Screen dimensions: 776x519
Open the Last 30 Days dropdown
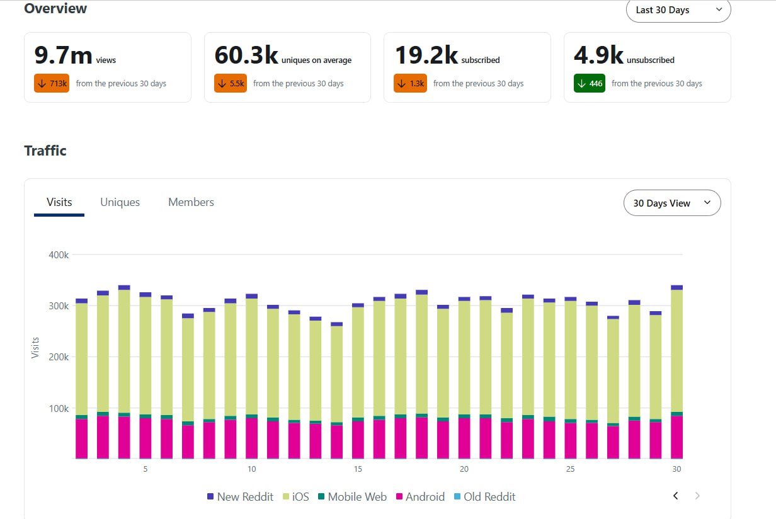[x=678, y=11]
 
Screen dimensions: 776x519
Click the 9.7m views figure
[x=64, y=55]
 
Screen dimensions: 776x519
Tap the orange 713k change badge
[x=52, y=83]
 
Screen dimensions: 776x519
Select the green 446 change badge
[x=590, y=83]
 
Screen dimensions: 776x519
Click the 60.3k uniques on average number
[x=246, y=55]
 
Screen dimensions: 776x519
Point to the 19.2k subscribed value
[x=426, y=55]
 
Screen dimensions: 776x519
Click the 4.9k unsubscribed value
[x=598, y=55]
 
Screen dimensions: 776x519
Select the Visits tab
[x=59, y=202]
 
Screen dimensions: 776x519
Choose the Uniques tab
[x=120, y=202]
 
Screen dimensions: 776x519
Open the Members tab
[x=191, y=202]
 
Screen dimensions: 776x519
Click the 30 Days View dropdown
[x=672, y=203]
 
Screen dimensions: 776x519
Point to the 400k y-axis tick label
[x=59, y=255]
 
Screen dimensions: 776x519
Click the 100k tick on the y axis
[x=59, y=409]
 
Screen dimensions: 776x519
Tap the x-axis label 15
[x=358, y=469]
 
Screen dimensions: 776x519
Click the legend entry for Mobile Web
[x=352, y=497]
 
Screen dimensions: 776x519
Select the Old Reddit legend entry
[x=484, y=497]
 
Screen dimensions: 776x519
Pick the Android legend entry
[x=420, y=497]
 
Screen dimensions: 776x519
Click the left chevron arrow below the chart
[x=675, y=496]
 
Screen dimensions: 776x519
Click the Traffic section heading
[x=45, y=151]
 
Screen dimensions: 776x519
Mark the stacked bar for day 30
[x=676, y=372]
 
